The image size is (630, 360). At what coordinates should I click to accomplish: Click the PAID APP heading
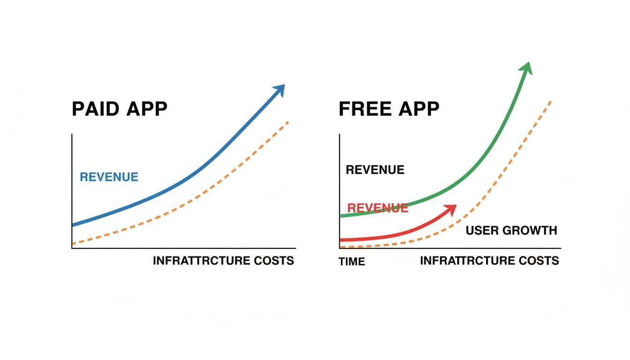pos(119,109)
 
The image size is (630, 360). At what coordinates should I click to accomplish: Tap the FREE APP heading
pos(389,109)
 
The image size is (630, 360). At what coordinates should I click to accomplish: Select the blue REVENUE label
pos(109,177)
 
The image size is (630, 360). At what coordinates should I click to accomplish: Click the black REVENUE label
pos(375,170)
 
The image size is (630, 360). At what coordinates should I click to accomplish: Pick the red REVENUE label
pos(377,208)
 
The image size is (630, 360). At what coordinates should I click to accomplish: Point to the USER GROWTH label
pos(511,231)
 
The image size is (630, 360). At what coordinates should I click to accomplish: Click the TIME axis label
pos(352,262)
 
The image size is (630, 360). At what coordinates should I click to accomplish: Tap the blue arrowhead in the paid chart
pos(279,89)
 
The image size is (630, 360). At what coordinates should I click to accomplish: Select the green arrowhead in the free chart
pos(526,68)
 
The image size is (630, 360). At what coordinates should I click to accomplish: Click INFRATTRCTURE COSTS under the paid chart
pos(223,261)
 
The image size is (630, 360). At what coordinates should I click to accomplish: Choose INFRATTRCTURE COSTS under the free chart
pos(489,261)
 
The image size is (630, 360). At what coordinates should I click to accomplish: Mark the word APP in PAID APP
pos(147,109)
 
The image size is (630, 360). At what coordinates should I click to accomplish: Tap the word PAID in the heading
pos(96,109)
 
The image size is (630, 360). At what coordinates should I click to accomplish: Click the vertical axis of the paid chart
pos(72,187)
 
